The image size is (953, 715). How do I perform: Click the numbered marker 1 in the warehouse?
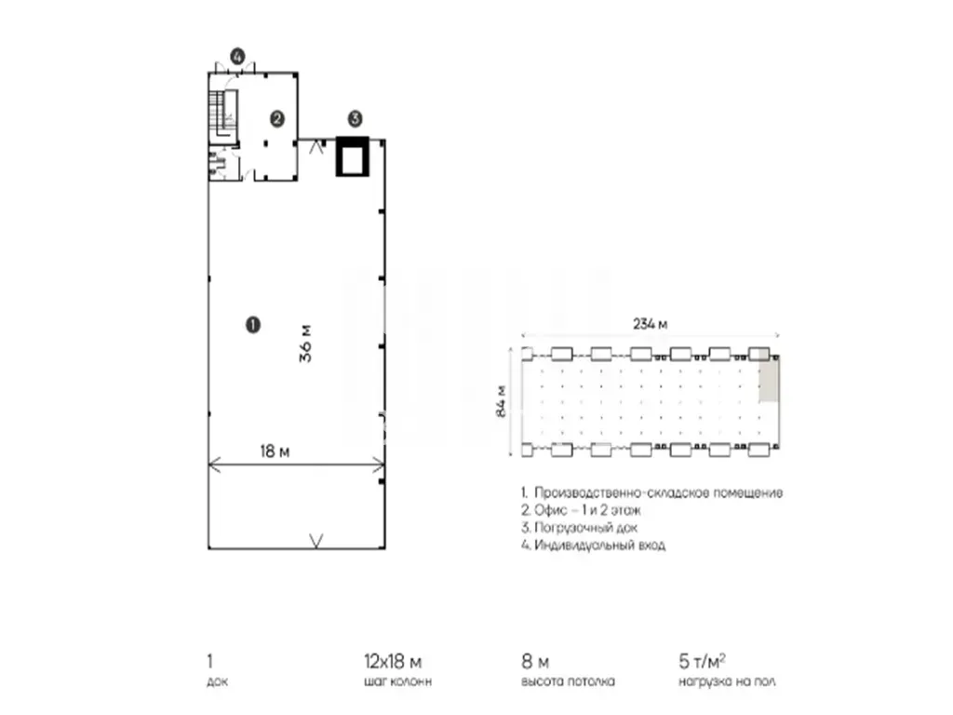pos(253,325)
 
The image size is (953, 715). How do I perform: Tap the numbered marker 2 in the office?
pos(277,118)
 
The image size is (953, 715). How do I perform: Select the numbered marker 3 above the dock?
pos(355,118)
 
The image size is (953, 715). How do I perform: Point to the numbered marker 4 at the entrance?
pos(237,57)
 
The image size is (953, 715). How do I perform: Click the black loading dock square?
pos(353,157)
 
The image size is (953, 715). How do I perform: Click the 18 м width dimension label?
pos(275,452)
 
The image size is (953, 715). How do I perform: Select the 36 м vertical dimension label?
pos(305,344)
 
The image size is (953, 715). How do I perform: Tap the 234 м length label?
pos(650,324)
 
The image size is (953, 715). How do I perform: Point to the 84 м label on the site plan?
pos(501,400)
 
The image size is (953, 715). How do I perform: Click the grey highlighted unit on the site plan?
pos(768,380)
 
